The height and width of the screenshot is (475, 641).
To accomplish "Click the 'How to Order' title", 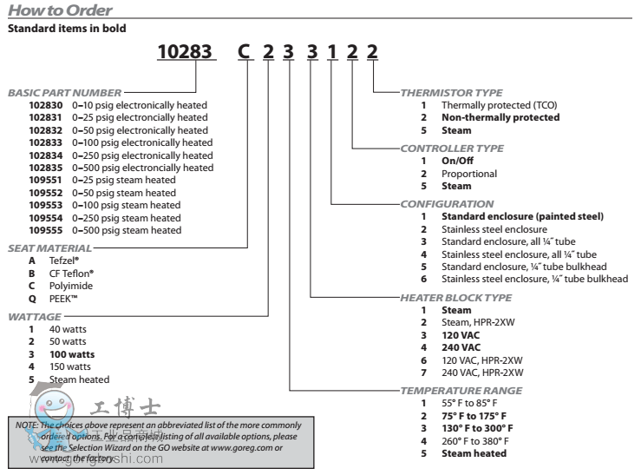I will (x=60, y=10).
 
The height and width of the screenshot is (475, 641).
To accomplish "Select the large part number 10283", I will (x=185, y=51).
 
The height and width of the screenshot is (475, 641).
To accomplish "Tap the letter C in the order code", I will (x=245, y=51).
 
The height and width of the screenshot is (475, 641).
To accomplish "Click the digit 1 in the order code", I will (x=331, y=51).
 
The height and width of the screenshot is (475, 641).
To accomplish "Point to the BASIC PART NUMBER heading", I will (x=64, y=92).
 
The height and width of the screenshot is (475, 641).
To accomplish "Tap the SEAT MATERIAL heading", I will (x=49, y=247).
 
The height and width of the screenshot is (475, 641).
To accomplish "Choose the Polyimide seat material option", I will (x=71, y=286).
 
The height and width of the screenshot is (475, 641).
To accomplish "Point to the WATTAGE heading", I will (x=34, y=317).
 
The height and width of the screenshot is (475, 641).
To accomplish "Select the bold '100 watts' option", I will (x=73, y=354).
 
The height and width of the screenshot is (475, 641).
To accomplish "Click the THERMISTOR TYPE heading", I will (x=451, y=92).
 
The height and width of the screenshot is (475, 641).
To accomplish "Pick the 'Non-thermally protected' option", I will (x=500, y=117).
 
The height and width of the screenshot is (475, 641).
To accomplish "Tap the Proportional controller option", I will (x=469, y=174).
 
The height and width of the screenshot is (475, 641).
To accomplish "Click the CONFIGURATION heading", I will (x=447, y=204).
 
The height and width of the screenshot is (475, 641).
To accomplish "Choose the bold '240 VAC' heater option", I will (x=461, y=347).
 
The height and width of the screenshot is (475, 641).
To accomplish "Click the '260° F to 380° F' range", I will (x=474, y=441).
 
